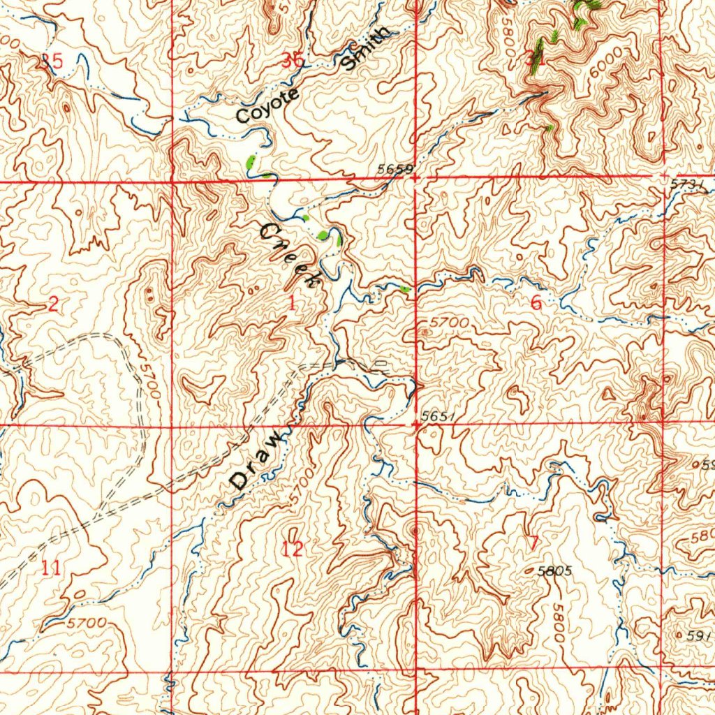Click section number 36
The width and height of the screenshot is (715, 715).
[294, 61]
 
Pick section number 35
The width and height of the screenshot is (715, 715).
[52, 61]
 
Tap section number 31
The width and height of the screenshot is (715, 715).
[536, 59]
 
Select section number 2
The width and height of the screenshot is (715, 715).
[53, 304]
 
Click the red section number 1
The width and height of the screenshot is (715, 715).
[291, 303]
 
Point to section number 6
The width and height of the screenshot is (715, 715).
[536, 303]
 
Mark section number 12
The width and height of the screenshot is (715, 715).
[293, 549]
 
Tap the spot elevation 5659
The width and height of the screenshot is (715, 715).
[395, 169]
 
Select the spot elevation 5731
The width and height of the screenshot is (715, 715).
[686, 184]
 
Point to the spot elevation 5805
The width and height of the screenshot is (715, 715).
[556, 570]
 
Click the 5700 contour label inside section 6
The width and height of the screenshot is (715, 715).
[449, 323]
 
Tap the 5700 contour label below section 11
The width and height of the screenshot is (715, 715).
[88, 621]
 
